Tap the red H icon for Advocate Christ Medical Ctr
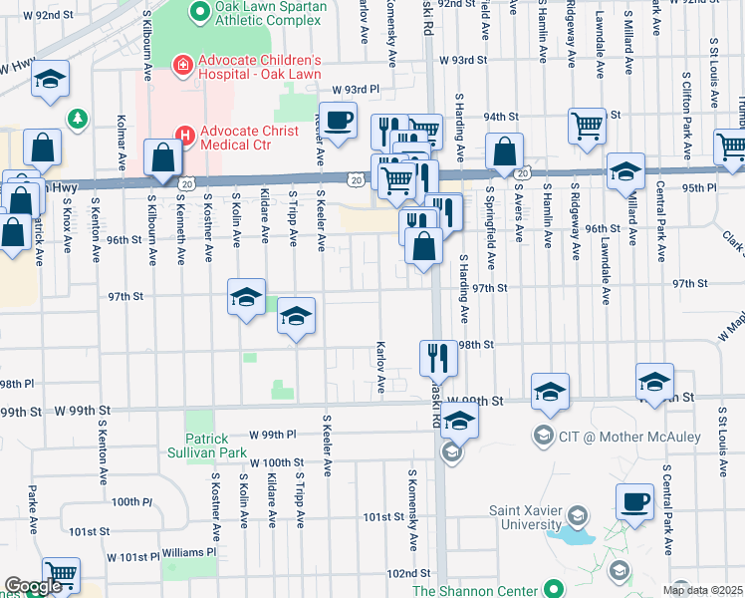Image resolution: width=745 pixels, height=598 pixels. pos(183,134)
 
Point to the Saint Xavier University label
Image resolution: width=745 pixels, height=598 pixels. pos(525,518)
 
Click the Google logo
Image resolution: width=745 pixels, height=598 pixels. pos(33,586)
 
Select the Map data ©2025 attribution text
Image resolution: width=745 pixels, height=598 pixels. pos(702,590)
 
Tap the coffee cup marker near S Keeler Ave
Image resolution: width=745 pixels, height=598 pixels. pos(339,120)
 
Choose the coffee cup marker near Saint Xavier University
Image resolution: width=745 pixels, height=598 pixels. pos(634,500)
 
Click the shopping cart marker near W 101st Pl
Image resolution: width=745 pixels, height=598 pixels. pos(61,574)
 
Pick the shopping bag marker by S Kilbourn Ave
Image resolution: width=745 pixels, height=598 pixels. pos(162,157)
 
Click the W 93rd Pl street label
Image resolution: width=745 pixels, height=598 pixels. pos(357,89)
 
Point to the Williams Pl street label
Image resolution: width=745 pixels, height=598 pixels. pos(189,552)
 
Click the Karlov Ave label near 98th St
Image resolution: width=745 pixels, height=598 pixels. pos(380,368)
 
